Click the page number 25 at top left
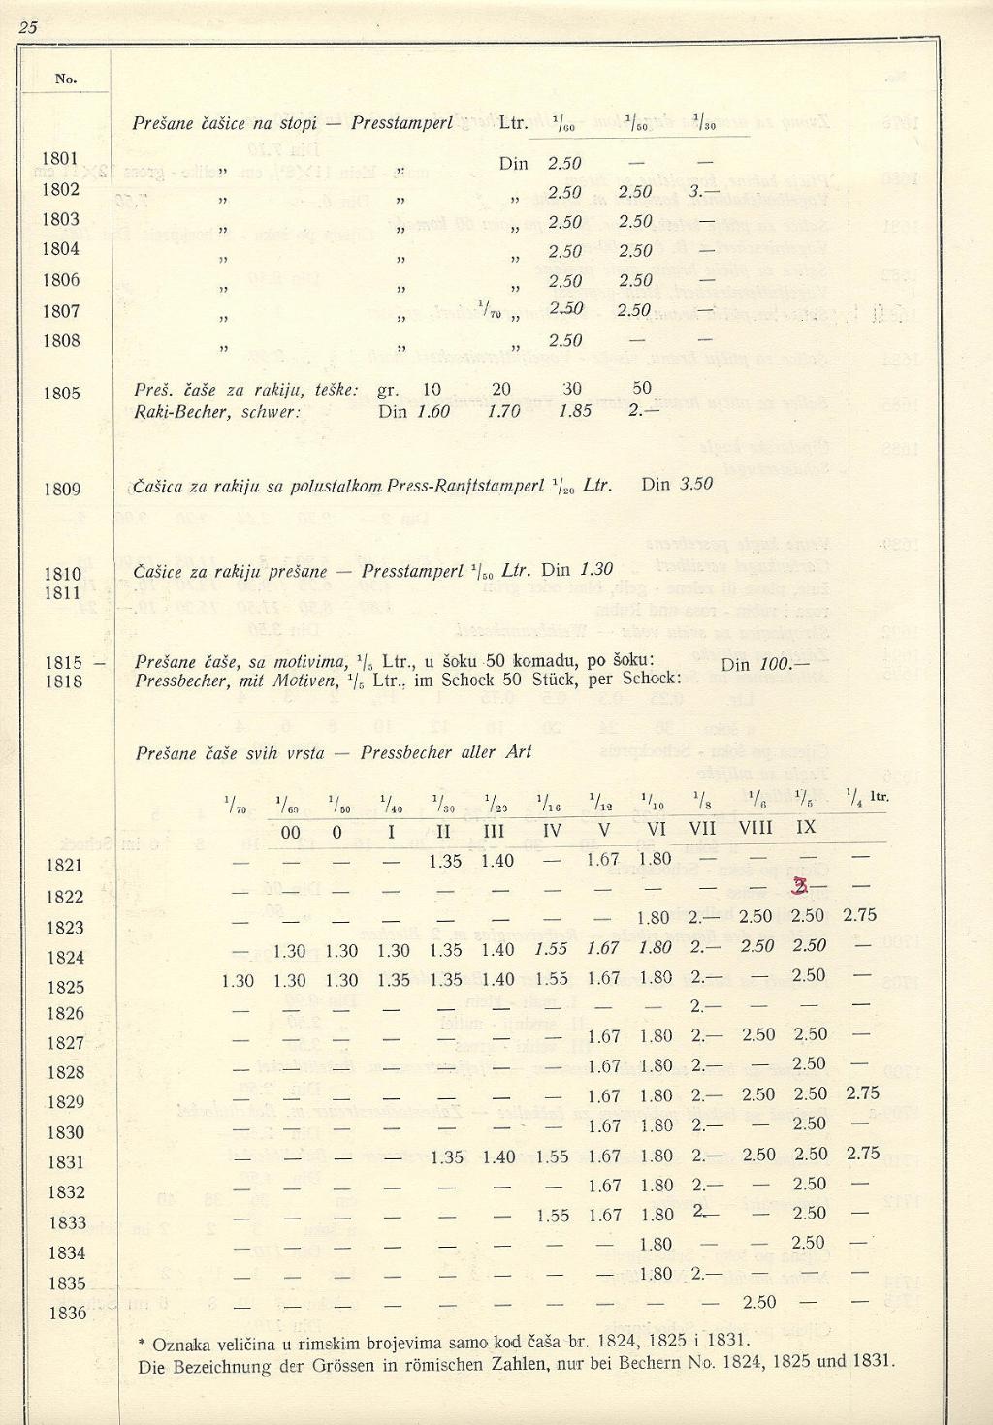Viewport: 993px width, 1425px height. click(x=26, y=27)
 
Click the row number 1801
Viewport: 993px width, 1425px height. click(x=59, y=158)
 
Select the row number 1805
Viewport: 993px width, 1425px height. click(x=60, y=394)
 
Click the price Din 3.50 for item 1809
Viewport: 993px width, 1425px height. click(x=677, y=483)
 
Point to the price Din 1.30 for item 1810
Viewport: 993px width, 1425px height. click(x=577, y=570)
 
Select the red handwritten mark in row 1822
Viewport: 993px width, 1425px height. click(x=801, y=886)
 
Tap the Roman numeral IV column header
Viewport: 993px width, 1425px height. click(x=552, y=830)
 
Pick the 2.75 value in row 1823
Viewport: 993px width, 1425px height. click(x=861, y=915)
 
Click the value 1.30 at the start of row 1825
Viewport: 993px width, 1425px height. click(x=238, y=980)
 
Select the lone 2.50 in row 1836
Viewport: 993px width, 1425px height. click(x=758, y=1301)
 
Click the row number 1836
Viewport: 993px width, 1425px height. click(x=67, y=1314)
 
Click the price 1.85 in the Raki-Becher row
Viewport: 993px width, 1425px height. click(x=575, y=411)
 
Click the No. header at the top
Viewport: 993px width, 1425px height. click(x=66, y=79)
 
